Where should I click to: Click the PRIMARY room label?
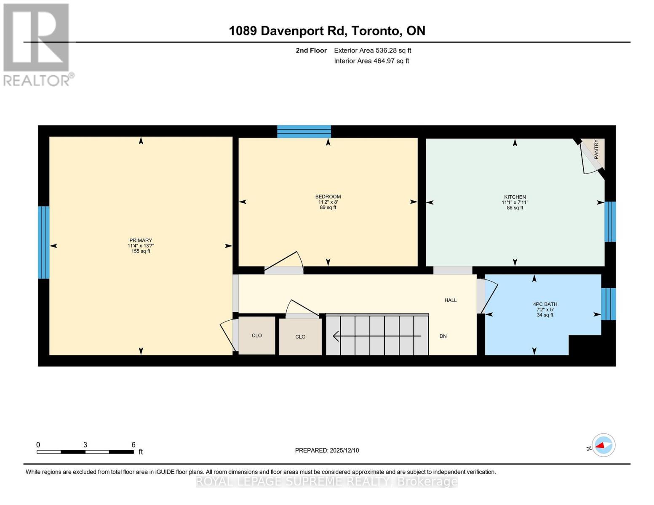141,240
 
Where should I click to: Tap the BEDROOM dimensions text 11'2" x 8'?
328,202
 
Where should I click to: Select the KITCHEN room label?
515,197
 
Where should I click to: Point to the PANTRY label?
596,149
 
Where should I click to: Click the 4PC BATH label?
545,304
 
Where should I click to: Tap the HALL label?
451,300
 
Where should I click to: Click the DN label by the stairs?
443,336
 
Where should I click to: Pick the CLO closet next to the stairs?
300,337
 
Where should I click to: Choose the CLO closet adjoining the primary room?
257,335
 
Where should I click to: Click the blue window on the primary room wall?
44,242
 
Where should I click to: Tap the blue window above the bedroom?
304,131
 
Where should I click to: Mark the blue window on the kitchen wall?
610,222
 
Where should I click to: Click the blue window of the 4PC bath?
609,304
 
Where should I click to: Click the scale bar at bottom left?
85,452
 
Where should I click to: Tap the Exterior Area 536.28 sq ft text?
372,50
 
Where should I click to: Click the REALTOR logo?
37,45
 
